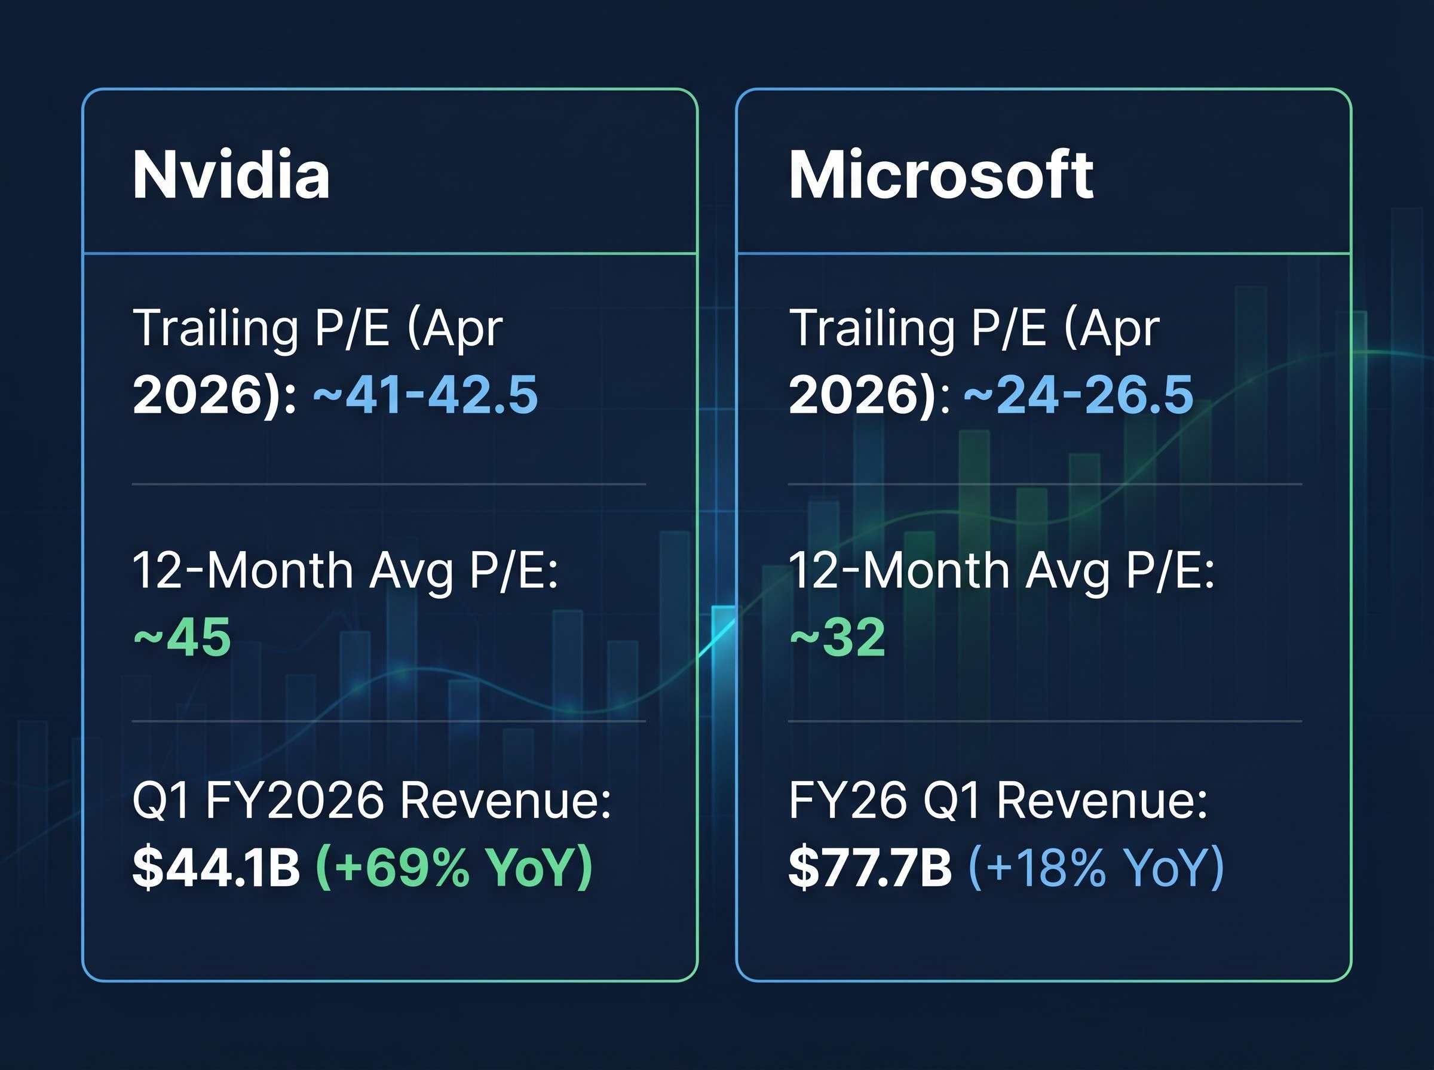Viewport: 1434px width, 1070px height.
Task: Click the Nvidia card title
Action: [231, 175]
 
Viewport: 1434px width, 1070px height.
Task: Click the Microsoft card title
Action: [941, 175]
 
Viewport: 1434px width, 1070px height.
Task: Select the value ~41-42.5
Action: [426, 395]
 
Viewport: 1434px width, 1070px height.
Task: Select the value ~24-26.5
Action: [1078, 395]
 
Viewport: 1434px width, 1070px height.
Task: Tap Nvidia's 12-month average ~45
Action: [182, 637]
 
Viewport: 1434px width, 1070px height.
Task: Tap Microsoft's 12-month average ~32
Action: [837, 637]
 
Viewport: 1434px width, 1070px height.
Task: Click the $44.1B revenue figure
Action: [216, 867]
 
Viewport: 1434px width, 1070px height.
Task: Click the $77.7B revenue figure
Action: [869, 867]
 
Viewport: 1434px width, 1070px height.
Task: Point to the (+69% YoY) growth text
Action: [454, 867]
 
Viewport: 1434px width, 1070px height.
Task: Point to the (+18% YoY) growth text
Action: [1096, 867]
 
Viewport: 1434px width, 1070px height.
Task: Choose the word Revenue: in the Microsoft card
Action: [1102, 801]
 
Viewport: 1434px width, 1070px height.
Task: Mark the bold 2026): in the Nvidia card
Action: [215, 395]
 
